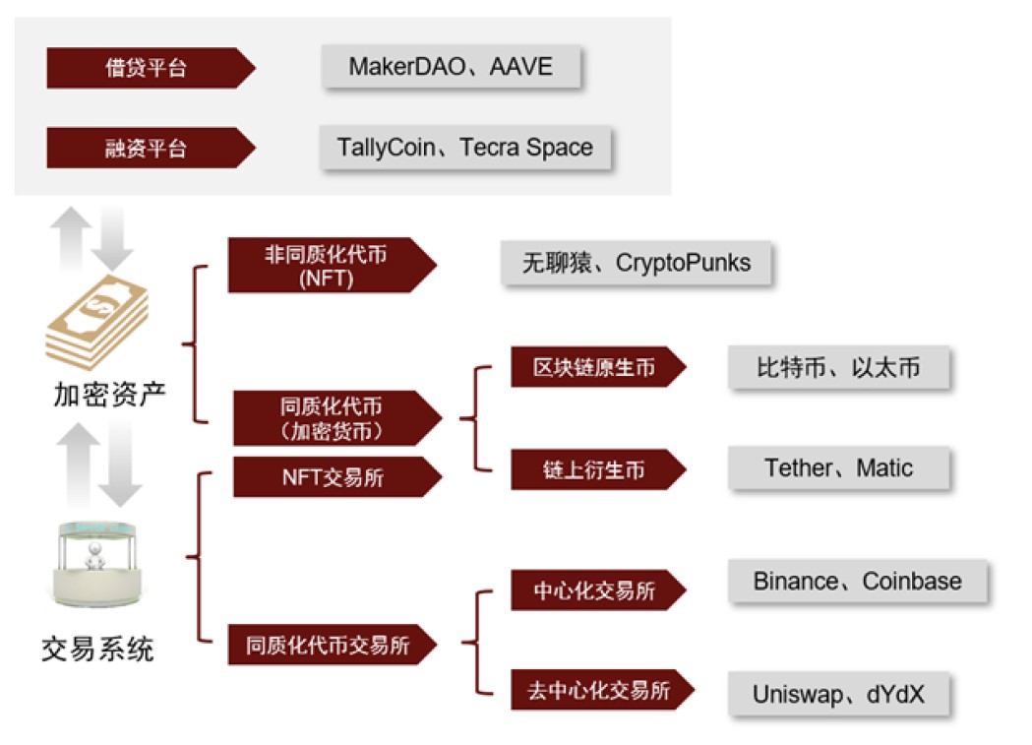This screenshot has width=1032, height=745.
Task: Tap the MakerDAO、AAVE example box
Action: [x=451, y=67]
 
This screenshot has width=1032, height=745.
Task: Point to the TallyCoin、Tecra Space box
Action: [x=464, y=148]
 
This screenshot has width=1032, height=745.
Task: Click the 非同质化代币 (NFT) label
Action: [x=326, y=265]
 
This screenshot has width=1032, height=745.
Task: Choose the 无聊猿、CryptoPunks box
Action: [x=636, y=263]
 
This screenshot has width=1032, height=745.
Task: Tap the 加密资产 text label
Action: [x=109, y=395]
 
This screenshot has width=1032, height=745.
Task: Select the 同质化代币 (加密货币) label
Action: [x=331, y=417]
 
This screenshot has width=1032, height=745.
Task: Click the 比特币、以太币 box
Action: [x=838, y=368]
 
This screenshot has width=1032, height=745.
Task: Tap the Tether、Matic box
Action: [x=838, y=467]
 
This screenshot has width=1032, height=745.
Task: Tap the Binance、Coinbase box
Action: [x=857, y=581]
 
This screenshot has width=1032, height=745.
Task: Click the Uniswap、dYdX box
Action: [x=838, y=694]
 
